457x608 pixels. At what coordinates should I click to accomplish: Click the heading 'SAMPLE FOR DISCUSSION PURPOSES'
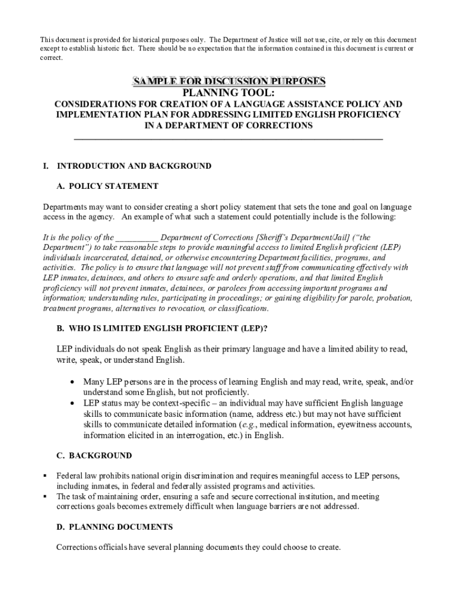(228, 81)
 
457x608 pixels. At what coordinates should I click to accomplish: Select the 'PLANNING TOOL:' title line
(228, 93)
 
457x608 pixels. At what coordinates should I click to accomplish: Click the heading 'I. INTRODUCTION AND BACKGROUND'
(126, 166)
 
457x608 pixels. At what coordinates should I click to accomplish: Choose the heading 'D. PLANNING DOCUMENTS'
(115, 527)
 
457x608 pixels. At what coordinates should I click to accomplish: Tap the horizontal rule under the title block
(228, 139)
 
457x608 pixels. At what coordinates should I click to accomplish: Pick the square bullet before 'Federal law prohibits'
(45, 476)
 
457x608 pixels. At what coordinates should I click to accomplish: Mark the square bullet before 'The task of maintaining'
(45, 496)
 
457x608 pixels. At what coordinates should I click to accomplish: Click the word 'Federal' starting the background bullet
(69, 476)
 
